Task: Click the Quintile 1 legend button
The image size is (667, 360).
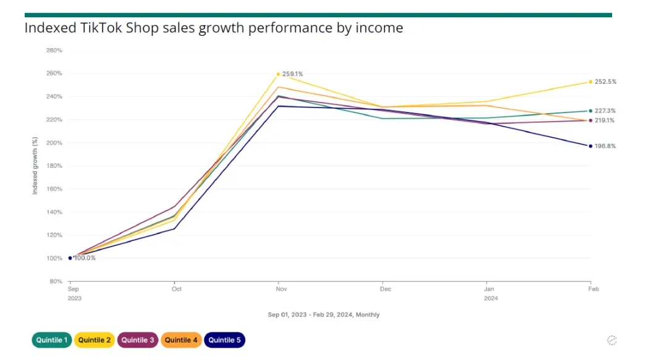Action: coord(52,340)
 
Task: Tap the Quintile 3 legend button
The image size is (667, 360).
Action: coord(138,340)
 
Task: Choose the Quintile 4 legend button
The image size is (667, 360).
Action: coord(181,340)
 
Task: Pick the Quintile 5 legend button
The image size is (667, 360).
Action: coord(224,340)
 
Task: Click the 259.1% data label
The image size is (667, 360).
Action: coord(292,74)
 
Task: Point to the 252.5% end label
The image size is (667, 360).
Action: coord(605,82)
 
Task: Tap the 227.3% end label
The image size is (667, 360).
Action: coord(605,111)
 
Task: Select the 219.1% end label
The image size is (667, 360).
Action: coord(605,120)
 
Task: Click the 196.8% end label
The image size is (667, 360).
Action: coord(605,146)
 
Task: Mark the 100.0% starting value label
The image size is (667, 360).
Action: coord(85,258)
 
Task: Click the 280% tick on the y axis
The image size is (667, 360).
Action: coord(54,51)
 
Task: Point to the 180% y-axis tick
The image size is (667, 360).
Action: coord(54,166)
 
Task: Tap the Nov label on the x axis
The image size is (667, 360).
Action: coord(281,289)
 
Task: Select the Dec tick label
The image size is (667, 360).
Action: coord(385,289)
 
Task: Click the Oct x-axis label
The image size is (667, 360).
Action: coord(177,289)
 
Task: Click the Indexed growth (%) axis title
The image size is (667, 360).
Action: coord(35,165)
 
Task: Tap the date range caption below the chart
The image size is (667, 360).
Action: coord(324,315)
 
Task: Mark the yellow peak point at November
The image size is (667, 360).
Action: coord(279,74)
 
